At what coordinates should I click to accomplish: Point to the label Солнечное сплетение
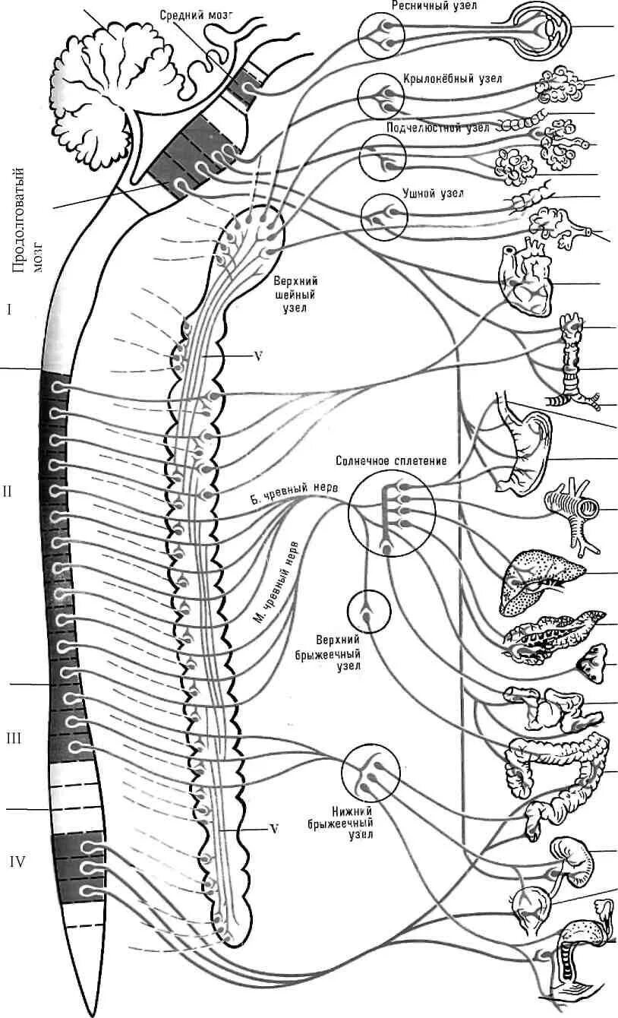point(391,460)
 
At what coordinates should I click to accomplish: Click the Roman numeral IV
point(17,862)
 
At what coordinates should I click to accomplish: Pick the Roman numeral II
point(8,491)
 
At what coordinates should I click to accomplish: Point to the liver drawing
point(539,579)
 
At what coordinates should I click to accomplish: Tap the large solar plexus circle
point(392,513)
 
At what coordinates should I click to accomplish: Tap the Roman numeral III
point(14,738)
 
